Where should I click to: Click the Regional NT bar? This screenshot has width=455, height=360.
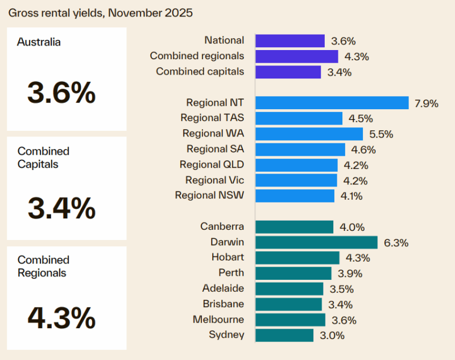click(x=332, y=103)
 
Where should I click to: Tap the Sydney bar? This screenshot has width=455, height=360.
click(x=284, y=335)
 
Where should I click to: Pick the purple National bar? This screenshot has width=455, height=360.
click(x=289, y=41)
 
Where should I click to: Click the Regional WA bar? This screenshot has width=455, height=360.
click(x=309, y=134)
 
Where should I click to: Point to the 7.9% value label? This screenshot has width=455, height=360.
click(x=427, y=104)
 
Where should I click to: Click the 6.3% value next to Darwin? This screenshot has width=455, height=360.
click(x=396, y=243)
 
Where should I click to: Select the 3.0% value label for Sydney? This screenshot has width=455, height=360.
click(x=332, y=336)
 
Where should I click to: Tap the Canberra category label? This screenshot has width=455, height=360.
click(x=222, y=226)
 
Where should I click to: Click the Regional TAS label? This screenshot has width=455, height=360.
click(x=212, y=118)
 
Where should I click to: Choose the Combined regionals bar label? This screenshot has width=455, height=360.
click(x=197, y=56)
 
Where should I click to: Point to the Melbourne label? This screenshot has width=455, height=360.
click(x=218, y=319)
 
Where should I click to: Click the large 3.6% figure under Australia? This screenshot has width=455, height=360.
click(x=61, y=93)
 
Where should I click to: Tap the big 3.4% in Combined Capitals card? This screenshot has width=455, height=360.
click(x=61, y=208)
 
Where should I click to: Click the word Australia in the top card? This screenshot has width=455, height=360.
click(x=39, y=42)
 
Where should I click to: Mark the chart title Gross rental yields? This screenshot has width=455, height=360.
click(x=100, y=12)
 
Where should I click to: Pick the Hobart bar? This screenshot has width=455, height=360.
click(x=297, y=258)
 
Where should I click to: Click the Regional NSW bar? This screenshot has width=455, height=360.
click(x=295, y=196)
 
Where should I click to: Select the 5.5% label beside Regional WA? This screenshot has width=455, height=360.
click(x=380, y=134)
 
